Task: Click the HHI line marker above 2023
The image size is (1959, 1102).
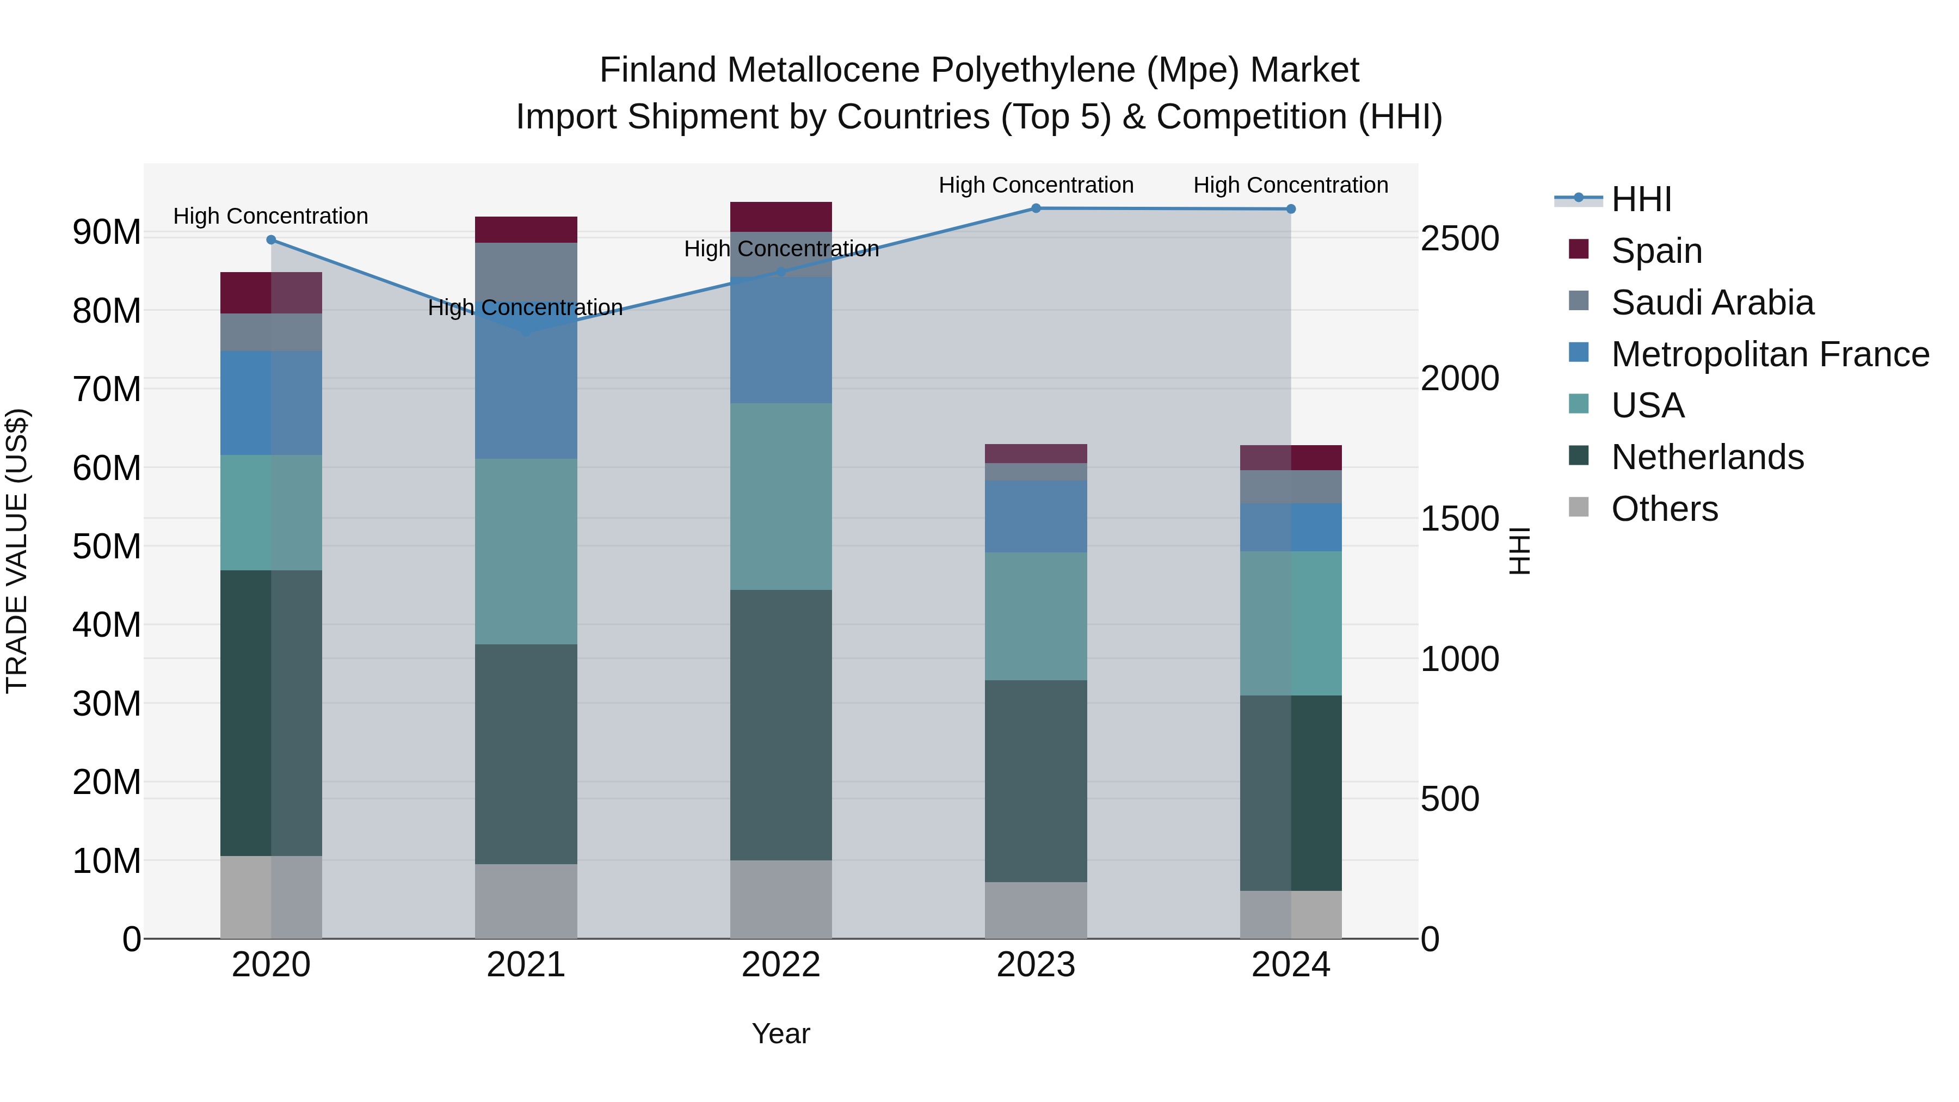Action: [x=1036, y=208]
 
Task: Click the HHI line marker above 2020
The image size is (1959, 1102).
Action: [x=272, y=239]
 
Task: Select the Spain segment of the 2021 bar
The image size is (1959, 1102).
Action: [x=526, y=230]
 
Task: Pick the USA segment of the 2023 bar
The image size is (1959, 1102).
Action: [x=1036, y=616]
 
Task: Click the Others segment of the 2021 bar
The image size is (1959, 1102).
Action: [x=526, y=901]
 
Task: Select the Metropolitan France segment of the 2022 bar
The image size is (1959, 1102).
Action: [x=781, y=340]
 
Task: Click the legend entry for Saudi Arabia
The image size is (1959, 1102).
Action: [x=1712, y=303]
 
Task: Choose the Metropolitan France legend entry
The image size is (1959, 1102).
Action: [x=1770, y=354]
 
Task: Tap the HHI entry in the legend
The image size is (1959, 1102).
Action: [x=1641, y=199]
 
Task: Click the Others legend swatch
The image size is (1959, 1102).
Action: [x=1579, y=507]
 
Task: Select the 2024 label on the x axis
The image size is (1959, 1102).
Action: [x=1291, y=965]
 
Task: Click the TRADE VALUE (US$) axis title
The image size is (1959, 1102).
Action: [x=17, y=551]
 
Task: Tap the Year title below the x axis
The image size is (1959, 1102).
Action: [x=781, y=1033]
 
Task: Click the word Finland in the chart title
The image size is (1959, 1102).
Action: [x=658, y=70]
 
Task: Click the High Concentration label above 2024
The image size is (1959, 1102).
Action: [x=1291, y=185]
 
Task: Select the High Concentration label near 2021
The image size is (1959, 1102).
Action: [x=526, y=307]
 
